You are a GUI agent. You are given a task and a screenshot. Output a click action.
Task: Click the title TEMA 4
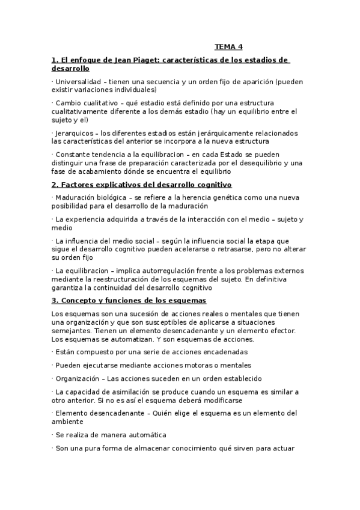tap(228, 47)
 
